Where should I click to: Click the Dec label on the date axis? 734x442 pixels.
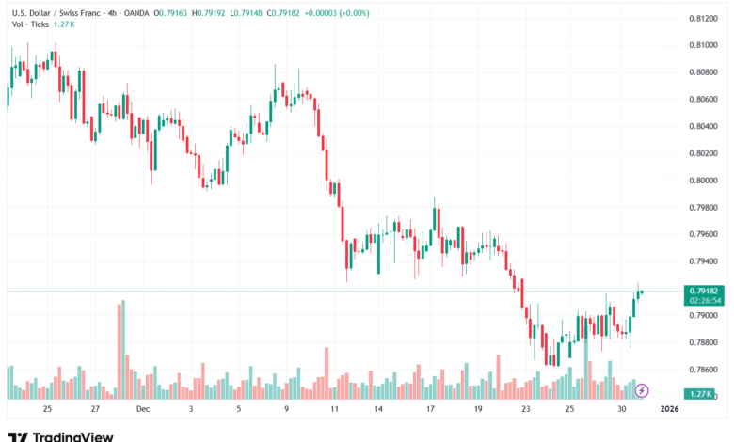(143, 409)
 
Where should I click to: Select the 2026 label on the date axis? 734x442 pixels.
(669, 409)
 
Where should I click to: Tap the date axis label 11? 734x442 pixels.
(334, 409)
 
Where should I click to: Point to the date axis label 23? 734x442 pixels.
(526, 409)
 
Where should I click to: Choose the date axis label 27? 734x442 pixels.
(95, 409)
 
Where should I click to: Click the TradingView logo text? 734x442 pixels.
(73, 436)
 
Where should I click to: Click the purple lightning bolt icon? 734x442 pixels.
(642, 390)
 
